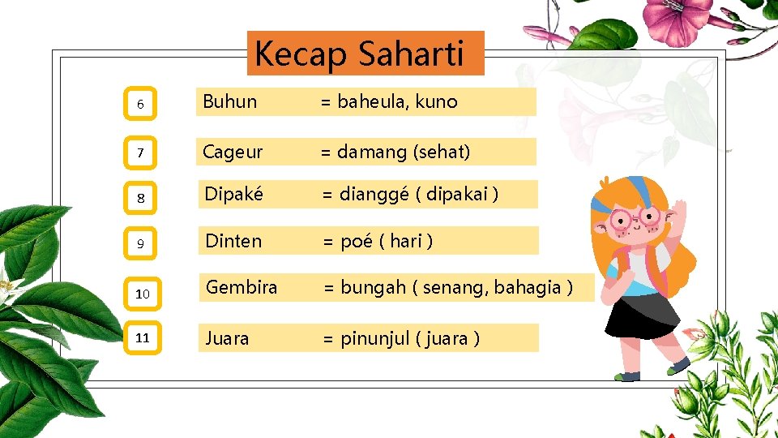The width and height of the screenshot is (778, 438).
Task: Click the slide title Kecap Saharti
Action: tap(359, 54)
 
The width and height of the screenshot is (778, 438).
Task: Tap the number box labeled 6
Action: tap(142, 104)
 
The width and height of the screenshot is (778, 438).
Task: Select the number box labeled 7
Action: tap(142, 152)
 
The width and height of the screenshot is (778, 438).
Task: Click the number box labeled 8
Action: tap(142, 196)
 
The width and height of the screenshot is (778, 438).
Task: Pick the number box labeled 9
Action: tap(142, 243)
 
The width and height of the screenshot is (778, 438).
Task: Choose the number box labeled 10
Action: tap(143, 293)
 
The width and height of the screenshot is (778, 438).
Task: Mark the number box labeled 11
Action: tap(143, 337)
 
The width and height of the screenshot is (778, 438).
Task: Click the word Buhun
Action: tap(229, 102)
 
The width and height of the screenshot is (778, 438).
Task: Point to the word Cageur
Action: tap(233, 152)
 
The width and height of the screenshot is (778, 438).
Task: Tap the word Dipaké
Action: tap(233, 195)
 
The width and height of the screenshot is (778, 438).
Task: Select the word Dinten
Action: tap(233, 241)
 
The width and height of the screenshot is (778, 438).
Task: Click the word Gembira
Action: tap(242, 287)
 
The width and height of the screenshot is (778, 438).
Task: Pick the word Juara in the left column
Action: tap(228, 338)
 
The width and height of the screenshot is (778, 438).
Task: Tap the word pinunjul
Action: tap(375, 338)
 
